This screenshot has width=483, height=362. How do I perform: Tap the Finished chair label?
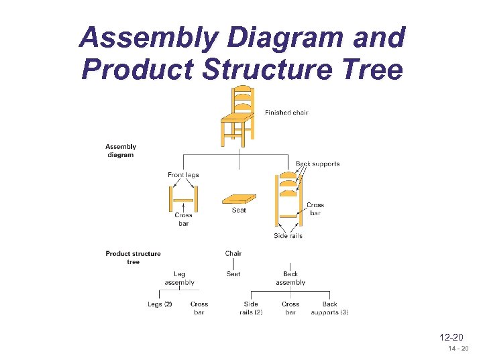[x=286, y=113]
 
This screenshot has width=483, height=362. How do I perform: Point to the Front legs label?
[x=183, y=175]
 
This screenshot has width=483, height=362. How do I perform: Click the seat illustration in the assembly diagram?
[x=238, y=199]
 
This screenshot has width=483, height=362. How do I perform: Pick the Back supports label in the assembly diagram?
[x=318, y=164]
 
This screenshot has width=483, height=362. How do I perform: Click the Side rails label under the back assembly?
[x=288, y=236]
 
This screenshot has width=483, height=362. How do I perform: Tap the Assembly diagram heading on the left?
[x=121, y=151]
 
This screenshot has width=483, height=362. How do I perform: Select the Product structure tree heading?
[x=133, y=257]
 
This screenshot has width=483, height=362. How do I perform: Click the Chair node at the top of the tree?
[x=233, y=253]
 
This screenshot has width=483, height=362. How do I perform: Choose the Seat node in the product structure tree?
[x=233, y=274]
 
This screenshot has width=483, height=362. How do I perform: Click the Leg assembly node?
[x=179, y=278]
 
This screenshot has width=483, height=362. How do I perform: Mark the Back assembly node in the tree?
[x=290, y=278]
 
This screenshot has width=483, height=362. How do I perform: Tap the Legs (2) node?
[x=160, y=304]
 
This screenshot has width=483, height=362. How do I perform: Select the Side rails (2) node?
[x=251, y=308]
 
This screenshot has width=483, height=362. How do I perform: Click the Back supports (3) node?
[x=329, y=308]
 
